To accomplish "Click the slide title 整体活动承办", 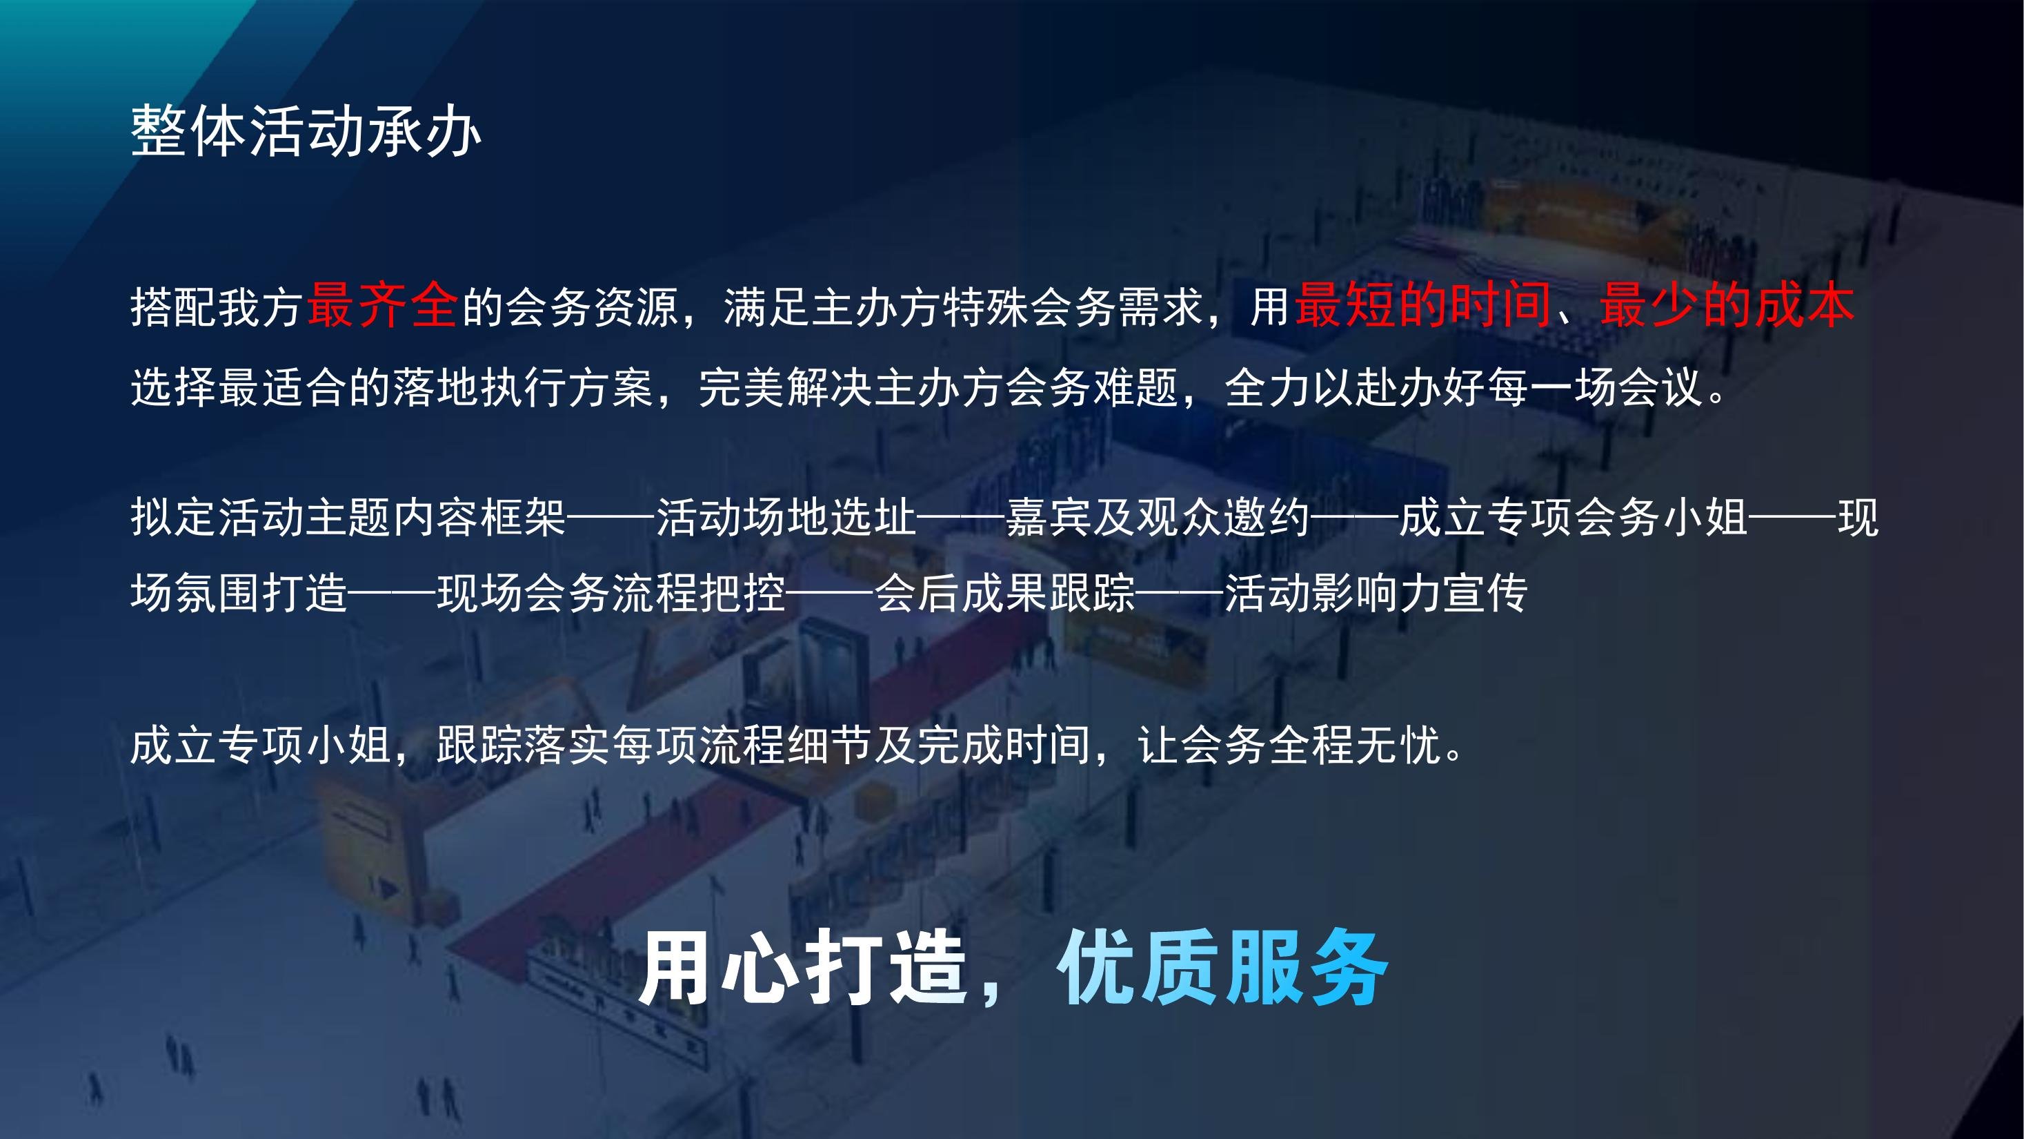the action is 306,130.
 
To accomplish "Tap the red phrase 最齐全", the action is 382,305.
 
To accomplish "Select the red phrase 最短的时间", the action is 1422,305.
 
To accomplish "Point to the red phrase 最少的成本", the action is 1727,305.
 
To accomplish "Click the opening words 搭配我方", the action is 217,306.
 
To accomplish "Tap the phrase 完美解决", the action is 785,387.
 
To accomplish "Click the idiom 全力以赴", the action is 1311,387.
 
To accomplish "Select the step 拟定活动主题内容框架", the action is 348,518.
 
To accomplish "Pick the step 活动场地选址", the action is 786,518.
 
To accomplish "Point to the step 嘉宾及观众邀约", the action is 1158,518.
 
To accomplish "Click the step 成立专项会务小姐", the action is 1573,518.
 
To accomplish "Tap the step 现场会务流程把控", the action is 611,594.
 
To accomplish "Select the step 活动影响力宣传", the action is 1376,594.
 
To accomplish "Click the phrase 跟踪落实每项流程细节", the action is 655,746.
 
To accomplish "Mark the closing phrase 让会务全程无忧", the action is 1289,746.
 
